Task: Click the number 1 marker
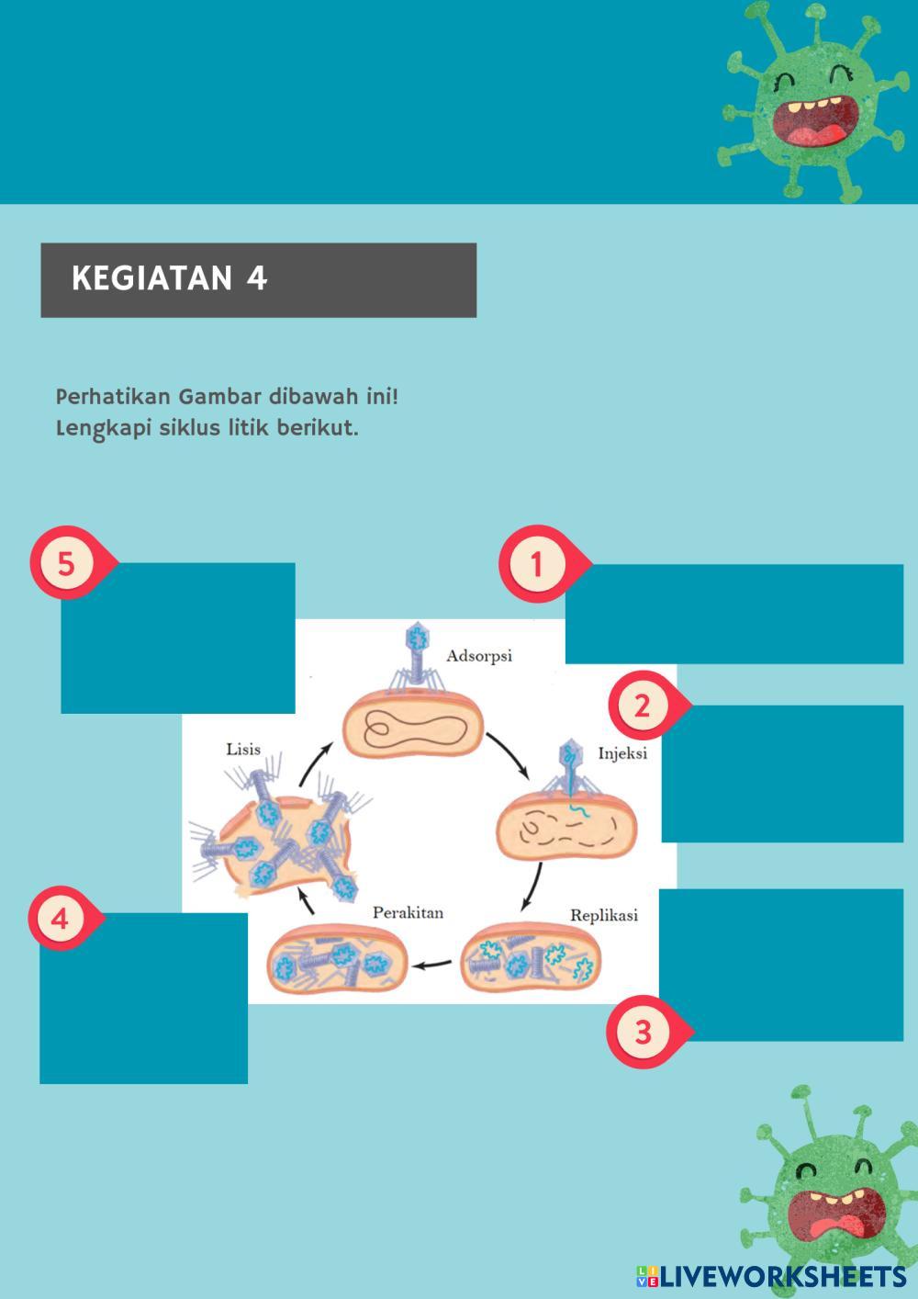click(x=537, y=563)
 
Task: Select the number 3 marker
click(x=643, y=1031)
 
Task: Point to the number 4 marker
click(x=61, y=919)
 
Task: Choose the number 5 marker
click(x=66, y=562)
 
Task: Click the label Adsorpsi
click(x=479, y=656)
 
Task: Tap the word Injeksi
click(x=622, y=753)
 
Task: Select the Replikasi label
click(x=603, y=915)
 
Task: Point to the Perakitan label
click(x=408, y=912)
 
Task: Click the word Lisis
click(x=243, y=749)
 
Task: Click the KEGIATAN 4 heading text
click(x=170, y=278)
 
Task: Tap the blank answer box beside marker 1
click(x=734, y=614)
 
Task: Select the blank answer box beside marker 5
click(x=178, y=638)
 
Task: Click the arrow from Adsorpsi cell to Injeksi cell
click(x=508, y=751)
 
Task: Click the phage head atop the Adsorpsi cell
click(x=419, y=634)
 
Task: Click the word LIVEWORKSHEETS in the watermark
click(x=783, y=1276)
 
